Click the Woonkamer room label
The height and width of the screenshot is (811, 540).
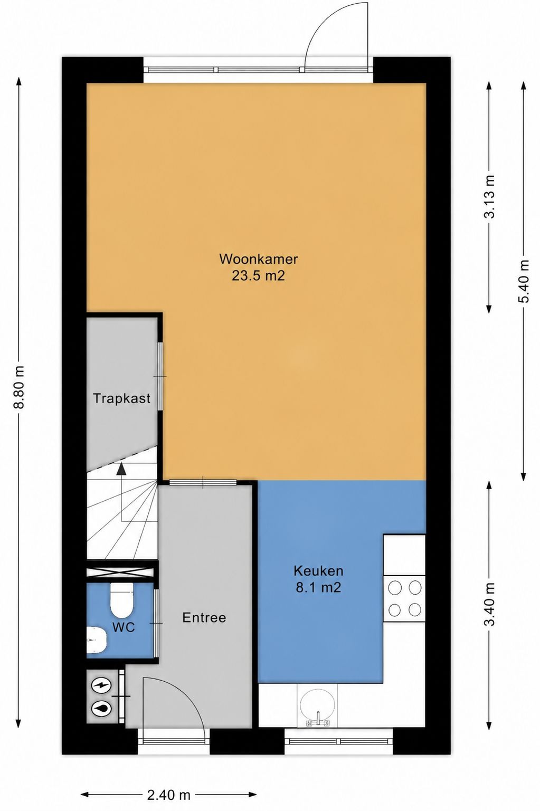click(x=259, y=259)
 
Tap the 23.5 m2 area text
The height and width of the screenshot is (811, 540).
click(x=259, y=276)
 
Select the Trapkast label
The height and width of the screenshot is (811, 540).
click(x=122, y=398)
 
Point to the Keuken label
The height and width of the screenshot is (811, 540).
click(x=318, y=571)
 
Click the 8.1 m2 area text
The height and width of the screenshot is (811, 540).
click(x=318, y=587)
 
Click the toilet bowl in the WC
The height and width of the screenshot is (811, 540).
click(x=122, y=600)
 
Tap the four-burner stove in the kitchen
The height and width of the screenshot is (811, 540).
click(x=404, y=599)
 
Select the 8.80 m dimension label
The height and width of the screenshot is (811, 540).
click(x=19, y=387)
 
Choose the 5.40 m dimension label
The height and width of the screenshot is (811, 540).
click(x=524, y=281)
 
